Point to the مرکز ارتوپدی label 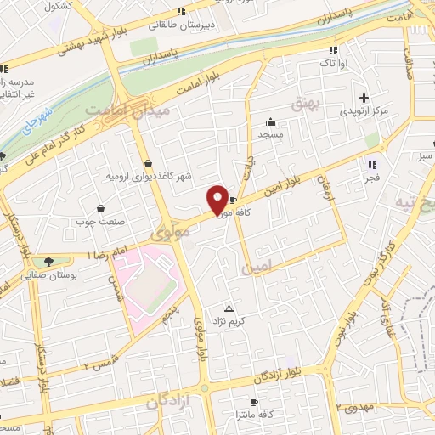click(364, 111)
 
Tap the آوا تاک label click(332, 63)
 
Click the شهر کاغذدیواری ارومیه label click(150, 175)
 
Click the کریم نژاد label click(229, 320)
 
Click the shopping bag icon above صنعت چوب click(101, 208)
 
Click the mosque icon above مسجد click(270, 121)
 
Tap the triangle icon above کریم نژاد click(228, 308)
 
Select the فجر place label click(372, 178)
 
